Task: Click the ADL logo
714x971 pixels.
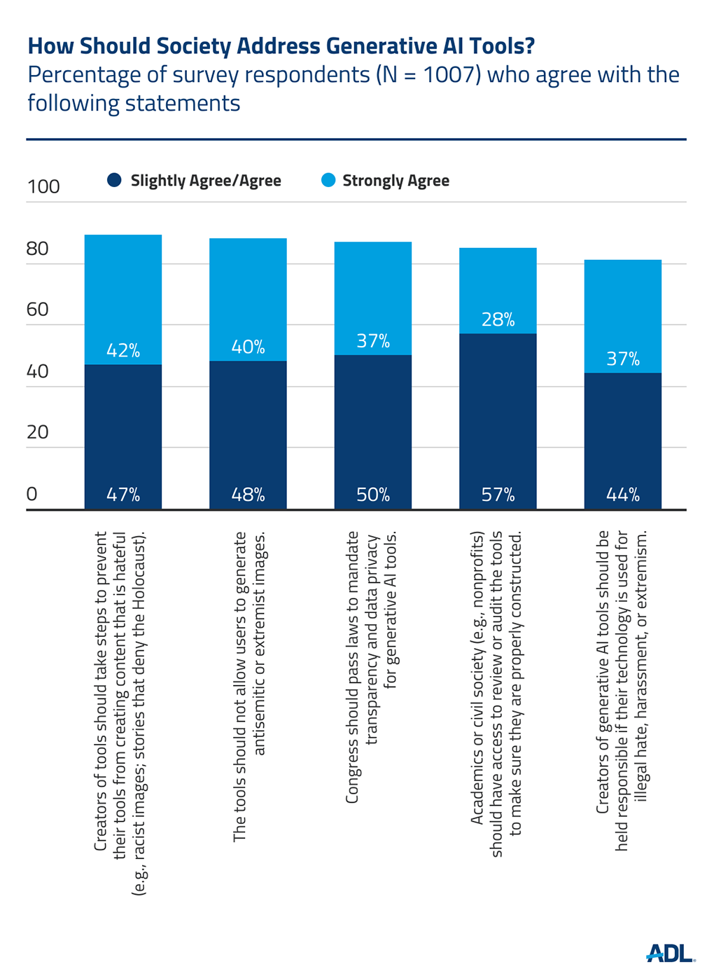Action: click(669, 953)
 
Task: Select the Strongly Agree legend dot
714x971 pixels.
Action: click(328, 181)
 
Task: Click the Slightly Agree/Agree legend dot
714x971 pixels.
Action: click(115, 181)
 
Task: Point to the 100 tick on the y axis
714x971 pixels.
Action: click(43, 187)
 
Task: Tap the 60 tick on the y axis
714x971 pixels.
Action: click(38, 310)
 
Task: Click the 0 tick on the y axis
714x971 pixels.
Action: click(31, 494)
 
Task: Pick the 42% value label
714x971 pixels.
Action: click(123, 350)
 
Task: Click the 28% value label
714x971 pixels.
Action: click(498, 320)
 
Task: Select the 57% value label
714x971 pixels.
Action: click(498, 495)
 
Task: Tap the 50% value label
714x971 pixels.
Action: click(373, 495)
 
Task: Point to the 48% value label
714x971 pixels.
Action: click(248, 495)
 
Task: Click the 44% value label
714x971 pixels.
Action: click(623, 495)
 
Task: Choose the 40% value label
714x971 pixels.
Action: click(248, 347)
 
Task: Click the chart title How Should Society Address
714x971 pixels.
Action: click(281, 46)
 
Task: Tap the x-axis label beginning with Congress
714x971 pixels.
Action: click(372, 667)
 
